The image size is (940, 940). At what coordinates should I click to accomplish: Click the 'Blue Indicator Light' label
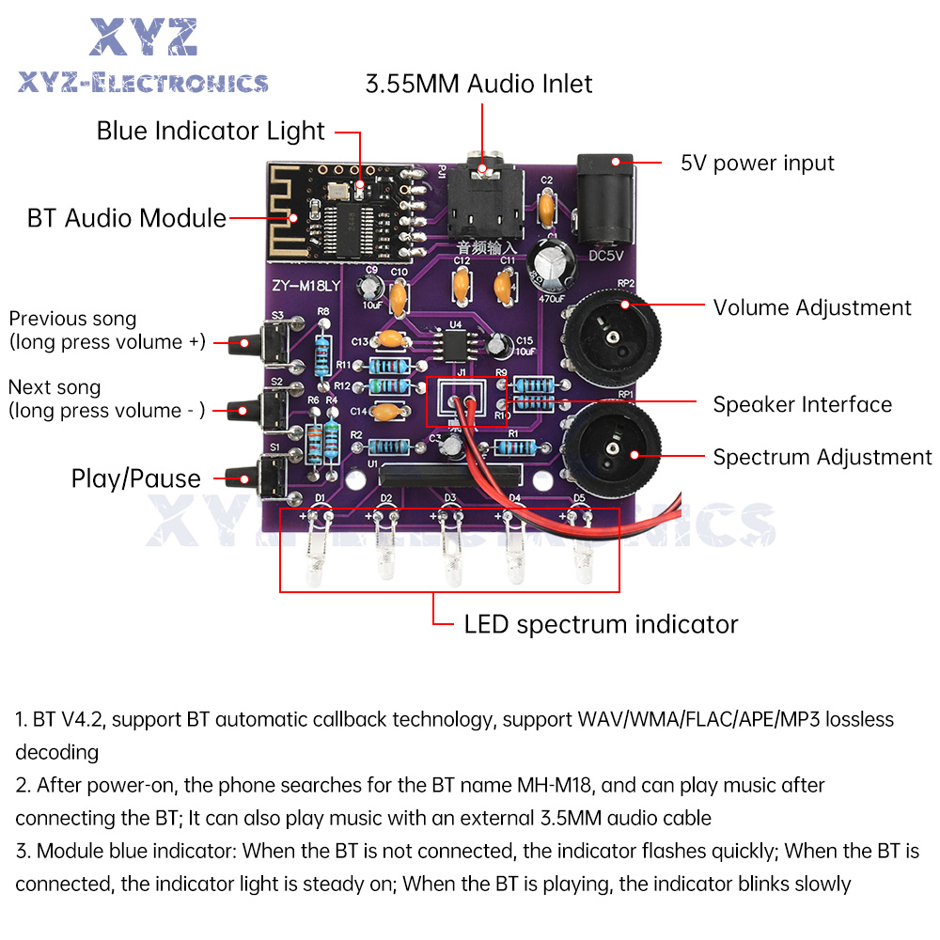[x=211, y=132]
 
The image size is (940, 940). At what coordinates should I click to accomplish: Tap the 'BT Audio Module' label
[x=127, y=219]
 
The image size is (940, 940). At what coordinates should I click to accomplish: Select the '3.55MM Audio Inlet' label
[x=478, y=85]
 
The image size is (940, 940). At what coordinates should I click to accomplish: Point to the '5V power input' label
[x=757, y=163]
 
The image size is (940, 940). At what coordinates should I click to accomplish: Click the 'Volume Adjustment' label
[x=811, y=307]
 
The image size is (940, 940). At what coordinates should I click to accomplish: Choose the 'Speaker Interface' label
[x=802, y=405]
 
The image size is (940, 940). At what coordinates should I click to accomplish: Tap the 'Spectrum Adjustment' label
[x=822, y=458]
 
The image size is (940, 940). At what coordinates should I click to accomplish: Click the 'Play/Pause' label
[x=136, y=478]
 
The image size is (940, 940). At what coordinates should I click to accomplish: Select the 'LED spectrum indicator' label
[x=601, y=624]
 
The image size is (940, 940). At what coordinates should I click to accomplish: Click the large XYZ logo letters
[x=144, y=38]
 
